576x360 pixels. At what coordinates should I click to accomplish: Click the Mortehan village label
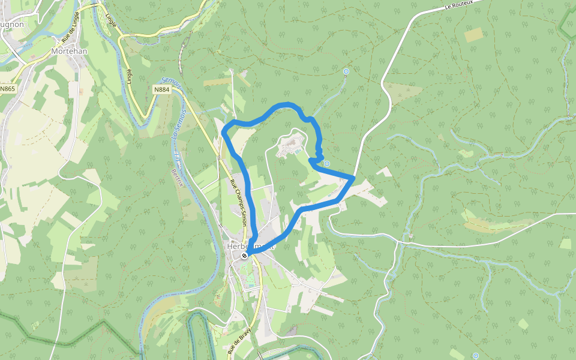tap(70, 52)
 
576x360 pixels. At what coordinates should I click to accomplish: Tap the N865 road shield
tap(8, 89)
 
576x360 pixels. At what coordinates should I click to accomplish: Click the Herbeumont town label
tap(251, 246)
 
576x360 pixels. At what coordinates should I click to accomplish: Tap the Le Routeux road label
tap(459, 5)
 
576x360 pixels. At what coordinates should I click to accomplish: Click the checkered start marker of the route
tap(244, 256)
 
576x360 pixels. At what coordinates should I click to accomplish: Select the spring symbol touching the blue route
tap(327, 163)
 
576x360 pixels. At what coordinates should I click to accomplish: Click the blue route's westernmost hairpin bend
tap(223, 130)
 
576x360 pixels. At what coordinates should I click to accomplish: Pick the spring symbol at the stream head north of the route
tap(346, 72)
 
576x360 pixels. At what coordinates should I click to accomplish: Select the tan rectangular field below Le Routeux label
tap(474, 35)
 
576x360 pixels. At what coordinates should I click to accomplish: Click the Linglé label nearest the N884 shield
tap(130, 76)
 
